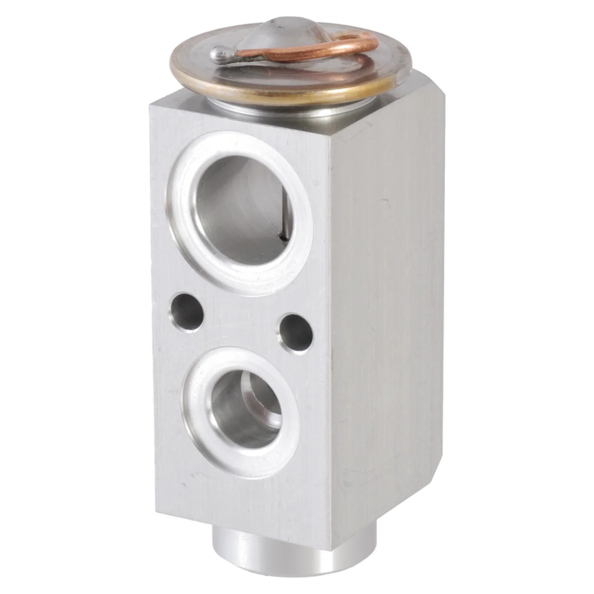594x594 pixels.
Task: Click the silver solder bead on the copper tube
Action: coord(219,52)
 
